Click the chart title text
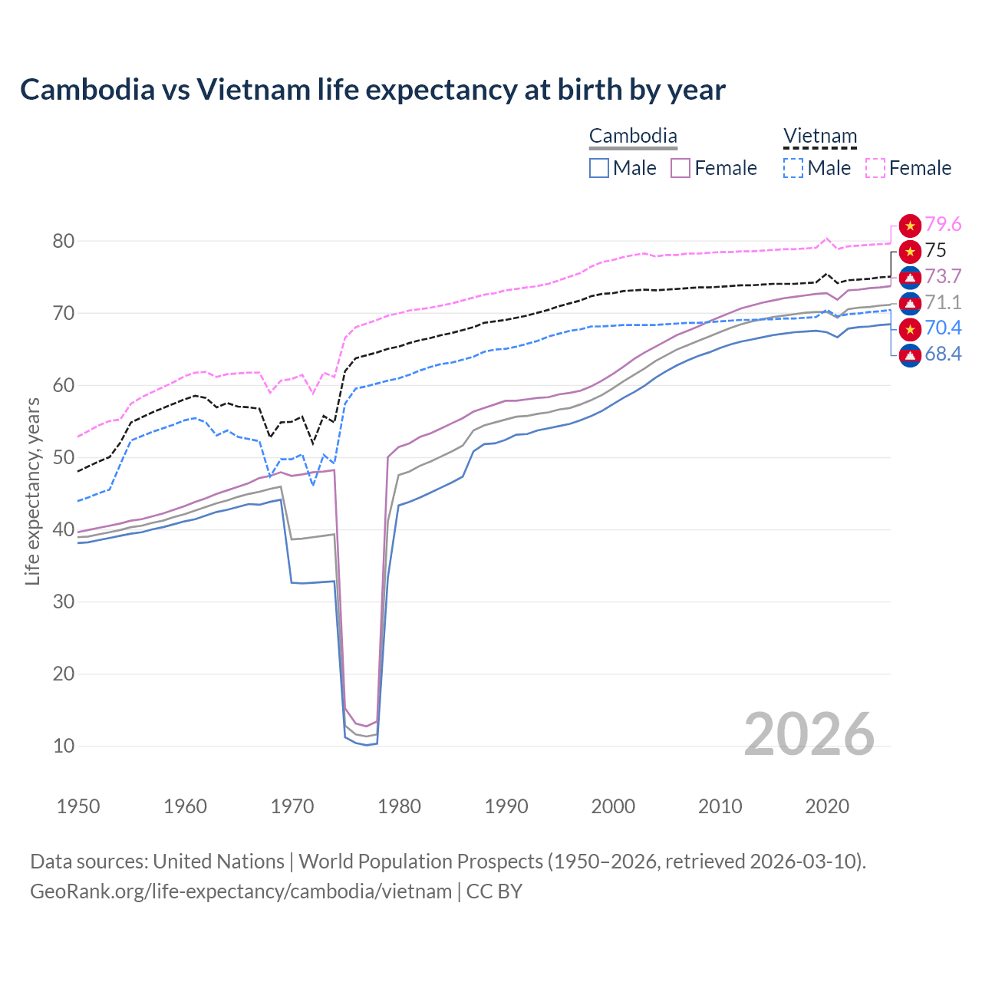pos(373,90)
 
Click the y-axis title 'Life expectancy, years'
pos(32,491)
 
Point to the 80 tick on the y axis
pos(64,241)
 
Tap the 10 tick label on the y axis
pos(64,746)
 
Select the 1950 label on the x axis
pos(78,806)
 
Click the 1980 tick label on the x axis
pos(399,806)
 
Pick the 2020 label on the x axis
pos(827,806)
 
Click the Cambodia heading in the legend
pos(633,137)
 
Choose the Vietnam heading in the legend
pos(819,137)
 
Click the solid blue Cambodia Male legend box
pos(599,168)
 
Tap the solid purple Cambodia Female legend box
pos(680,168)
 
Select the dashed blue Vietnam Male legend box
pos(793,168)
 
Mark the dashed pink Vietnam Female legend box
pos(875,168)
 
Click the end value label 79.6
pos(943,225)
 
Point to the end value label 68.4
pos(943,354)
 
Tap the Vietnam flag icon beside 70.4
pos(910,329)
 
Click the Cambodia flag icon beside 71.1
pos(910,303)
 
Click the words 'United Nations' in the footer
pos(219,862)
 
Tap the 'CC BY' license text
pos(494,891)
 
